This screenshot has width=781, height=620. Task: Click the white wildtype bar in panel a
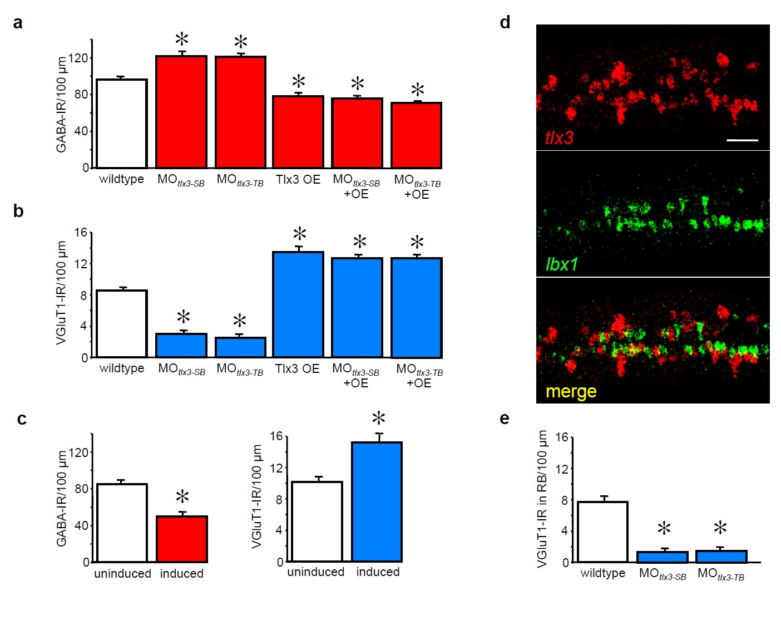[x=122, y=124]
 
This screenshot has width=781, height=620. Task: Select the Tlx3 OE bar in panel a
[x=298, y=132]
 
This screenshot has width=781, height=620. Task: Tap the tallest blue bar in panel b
[x=298, y=304]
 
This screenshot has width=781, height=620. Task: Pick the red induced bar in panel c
[x=182, y=539]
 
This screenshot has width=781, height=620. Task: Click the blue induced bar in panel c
[x=377, y=501]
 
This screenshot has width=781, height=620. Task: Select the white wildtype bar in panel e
[x=602, y=532]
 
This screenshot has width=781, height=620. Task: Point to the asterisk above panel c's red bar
[x=182, y=497]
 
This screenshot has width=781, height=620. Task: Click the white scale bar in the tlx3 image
[x=742, y=140]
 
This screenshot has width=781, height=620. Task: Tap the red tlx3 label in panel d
[x=559, y=137]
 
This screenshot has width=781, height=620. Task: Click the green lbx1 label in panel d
[x=562, y=264]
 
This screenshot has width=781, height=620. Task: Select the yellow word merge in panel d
[x=571, y=391]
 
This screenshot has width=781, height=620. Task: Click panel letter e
[x=505, y=418]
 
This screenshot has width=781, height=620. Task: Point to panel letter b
[x=18, y=211]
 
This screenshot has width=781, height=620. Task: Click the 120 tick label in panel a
[x=78, y=58]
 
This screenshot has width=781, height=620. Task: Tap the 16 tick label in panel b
[x=81, y=232]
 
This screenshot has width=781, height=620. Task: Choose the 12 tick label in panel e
[x=562, y=469]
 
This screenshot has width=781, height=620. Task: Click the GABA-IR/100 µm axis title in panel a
[x=61, y=104]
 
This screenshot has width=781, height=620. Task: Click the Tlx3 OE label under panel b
[x=298, y=368]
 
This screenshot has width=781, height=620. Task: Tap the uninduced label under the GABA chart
[x=122, y=573]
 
